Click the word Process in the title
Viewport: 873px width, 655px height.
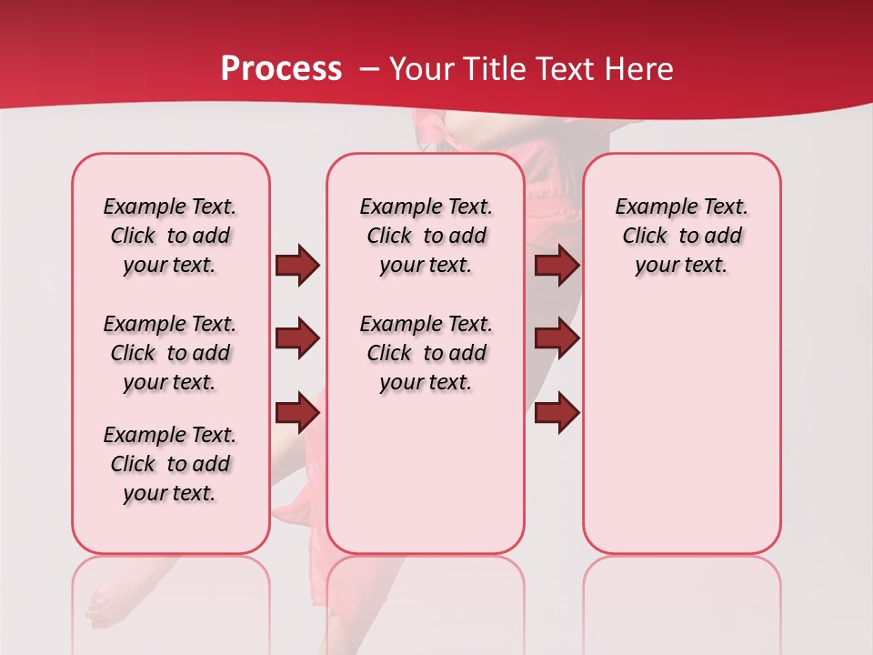[281, 69]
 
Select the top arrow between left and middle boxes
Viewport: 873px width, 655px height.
[297, 266]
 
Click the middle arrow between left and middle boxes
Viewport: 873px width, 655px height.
[297, 339]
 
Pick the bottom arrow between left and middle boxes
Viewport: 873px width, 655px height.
[297, 412]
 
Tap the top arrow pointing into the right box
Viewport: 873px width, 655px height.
[557, 266]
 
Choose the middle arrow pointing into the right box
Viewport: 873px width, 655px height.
[557, 339]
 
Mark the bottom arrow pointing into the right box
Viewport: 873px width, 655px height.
[557, 412]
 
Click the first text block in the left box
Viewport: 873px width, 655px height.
[170, 236]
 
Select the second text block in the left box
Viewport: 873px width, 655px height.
[170, 353]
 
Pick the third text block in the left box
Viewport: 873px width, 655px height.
[170, 464]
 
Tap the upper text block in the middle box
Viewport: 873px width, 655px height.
[426, 236]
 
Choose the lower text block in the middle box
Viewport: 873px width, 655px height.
[426, 353]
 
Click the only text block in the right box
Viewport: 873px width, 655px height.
[681, 236]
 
